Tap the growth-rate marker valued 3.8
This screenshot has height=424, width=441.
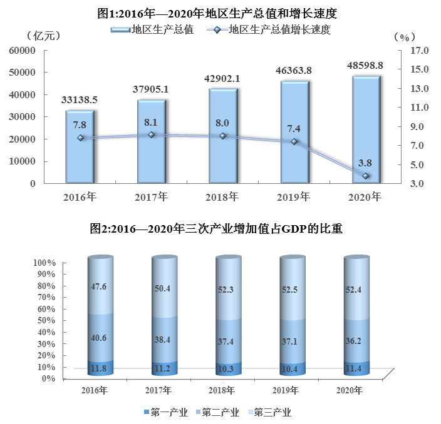[366, 176]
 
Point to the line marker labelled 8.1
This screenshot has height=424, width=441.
[151, 134]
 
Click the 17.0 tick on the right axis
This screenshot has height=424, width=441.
[418, 50]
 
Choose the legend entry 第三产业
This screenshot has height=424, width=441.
[273, 412]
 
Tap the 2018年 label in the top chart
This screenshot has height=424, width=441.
[222, 197]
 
